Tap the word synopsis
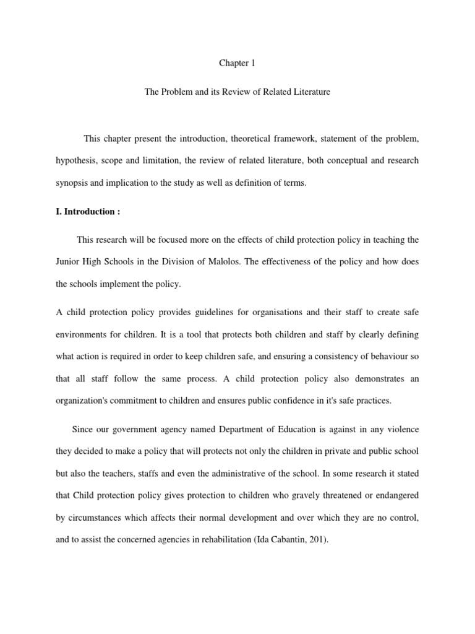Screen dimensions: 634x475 pos(72,183)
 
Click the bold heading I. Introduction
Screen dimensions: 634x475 pos(87,212)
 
